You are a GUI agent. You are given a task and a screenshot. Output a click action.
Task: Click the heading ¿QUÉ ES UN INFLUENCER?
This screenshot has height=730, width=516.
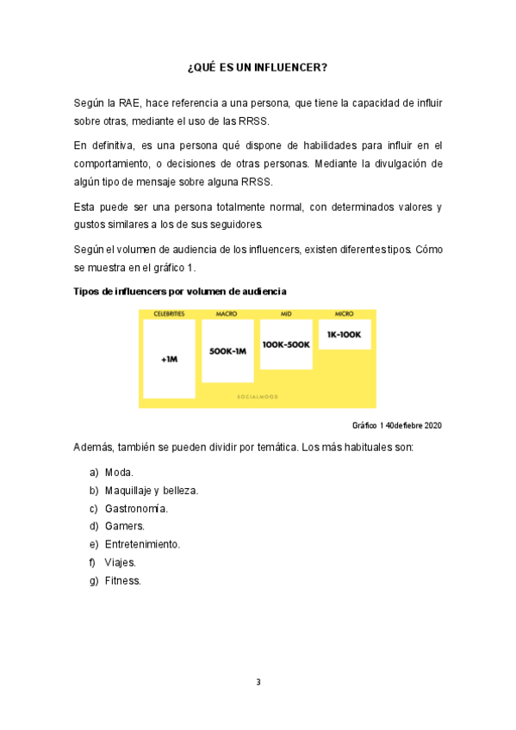coord(258,66)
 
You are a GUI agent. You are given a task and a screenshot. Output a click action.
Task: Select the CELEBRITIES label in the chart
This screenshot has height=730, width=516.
coord(169,314)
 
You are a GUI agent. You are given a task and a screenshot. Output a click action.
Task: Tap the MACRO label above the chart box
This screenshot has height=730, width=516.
coord(227,314)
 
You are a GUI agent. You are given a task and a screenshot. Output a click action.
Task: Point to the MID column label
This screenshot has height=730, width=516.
coord(286,314)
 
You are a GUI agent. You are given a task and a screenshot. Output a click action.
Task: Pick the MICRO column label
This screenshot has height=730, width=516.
coord(344,314)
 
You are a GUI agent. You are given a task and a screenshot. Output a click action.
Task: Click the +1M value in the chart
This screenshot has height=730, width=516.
coord(169,360)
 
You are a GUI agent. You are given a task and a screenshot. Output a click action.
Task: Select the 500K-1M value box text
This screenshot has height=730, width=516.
coord(227,351)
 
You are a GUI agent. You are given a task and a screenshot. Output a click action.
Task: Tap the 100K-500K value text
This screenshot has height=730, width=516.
coord(286,343)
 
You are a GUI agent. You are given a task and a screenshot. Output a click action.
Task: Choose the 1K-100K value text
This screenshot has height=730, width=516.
coord(345,334)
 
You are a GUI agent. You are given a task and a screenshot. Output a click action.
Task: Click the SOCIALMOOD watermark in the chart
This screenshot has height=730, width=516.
coord(258,397)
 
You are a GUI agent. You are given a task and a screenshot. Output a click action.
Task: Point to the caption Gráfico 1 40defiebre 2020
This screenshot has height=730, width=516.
coord(397,425)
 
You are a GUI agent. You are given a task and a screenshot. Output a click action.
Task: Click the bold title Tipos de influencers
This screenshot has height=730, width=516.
coord(180,292)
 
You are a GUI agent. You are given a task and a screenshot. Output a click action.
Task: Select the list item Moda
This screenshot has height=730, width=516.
coord(118,473)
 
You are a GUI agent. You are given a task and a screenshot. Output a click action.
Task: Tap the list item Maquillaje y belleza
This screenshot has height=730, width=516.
coord(151,491)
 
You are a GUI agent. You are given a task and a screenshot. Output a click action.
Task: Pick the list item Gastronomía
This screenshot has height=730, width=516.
coord(136,509)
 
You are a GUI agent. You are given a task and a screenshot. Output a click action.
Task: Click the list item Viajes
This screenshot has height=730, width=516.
coord(120,563)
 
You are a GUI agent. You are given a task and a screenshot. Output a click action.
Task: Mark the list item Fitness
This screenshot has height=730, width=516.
coord(122,581)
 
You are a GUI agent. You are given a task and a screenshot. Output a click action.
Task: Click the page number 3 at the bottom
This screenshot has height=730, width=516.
coord(258,683)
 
